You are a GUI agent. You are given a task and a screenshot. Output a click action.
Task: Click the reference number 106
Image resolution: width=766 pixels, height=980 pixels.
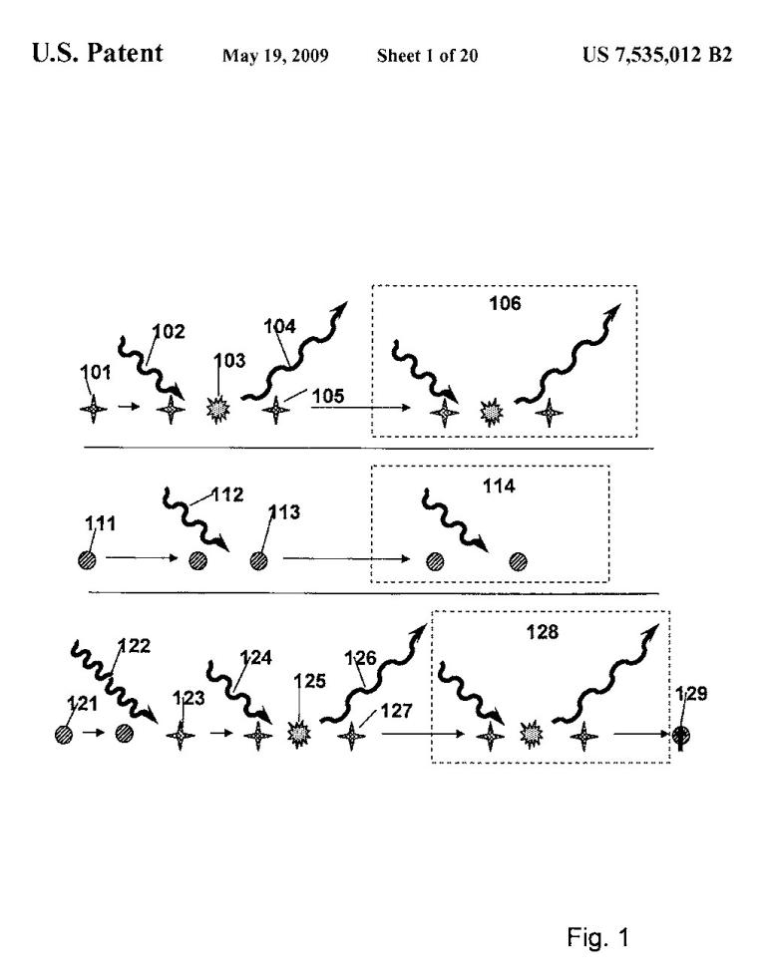click(505, 304)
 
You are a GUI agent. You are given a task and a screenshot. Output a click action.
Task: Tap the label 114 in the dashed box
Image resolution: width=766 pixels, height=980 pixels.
click(499, 487)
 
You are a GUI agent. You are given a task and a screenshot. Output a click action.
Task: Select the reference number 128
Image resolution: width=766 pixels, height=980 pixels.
click(543, 632)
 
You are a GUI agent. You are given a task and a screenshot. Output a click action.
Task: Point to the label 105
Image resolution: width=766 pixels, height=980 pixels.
click(328, 396)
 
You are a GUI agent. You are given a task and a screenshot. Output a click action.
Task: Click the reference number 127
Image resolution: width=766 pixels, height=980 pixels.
click(396, 711)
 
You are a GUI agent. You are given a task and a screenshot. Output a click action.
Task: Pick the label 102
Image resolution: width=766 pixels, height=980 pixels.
click(169, 331)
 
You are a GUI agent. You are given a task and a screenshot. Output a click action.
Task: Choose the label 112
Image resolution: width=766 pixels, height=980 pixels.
click(227, 495)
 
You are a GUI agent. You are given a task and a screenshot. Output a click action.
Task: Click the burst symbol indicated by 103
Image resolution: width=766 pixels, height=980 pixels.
click(218, 410)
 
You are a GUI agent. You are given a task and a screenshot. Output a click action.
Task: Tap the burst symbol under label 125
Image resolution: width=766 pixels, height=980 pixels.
click(299, 733)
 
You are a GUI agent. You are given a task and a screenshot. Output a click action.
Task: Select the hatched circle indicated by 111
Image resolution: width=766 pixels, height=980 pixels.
click(88, 559)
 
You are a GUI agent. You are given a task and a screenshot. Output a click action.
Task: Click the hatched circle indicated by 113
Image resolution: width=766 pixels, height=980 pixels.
click(259, 560)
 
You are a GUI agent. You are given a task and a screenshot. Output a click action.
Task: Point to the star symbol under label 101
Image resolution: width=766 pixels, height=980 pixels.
click(94, 410)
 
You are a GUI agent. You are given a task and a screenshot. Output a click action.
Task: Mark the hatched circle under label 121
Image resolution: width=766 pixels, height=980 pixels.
click(64, 735)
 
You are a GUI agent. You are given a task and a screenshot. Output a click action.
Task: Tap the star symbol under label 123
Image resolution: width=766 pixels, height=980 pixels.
click(181, 736)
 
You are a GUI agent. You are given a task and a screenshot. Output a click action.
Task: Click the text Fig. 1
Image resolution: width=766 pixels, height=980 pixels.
click(597, 937)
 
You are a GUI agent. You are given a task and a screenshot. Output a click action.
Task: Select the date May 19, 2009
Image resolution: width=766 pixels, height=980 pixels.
click(275, 56)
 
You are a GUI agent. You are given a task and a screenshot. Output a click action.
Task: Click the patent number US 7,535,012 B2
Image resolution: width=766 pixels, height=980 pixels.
click(657, 55)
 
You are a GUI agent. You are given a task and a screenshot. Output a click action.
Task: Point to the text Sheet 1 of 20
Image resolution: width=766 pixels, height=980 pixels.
click(427, 56)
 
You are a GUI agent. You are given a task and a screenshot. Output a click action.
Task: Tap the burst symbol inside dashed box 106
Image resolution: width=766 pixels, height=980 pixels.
click(492, 413)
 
